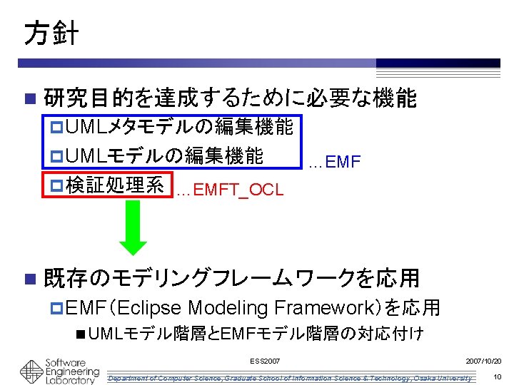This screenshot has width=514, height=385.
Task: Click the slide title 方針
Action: [x=51, y=33]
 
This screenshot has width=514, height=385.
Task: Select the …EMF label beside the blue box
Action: [x=335, y=163]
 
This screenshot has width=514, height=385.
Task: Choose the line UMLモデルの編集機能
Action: [x=165, y=155]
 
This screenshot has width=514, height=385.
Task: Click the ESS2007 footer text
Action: [x=266, y=362]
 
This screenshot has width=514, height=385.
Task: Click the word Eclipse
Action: [x=153, y=308]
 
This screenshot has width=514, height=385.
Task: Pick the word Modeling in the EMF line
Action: [x=228, y=308]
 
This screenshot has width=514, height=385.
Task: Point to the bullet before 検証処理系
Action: [x=58, y=185]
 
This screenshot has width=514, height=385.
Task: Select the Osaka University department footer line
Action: [x=289, y=377]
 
